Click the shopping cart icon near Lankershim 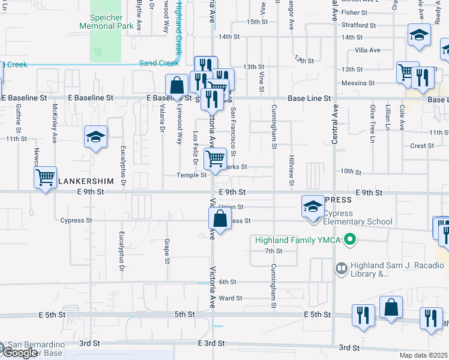click(x=45, y=177)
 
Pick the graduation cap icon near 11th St click(x=95, y=137)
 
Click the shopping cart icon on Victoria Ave click(x=215, y=159)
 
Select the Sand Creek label click(x=159, y=63)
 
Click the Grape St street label click(x=166, y=251)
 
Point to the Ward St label click(x=231, y=298)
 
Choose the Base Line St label click(x=309, y=98)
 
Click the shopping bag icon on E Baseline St click(x=177, y=85)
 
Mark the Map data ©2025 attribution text click(x=424, y=355)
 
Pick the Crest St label click(x=422, y=146)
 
